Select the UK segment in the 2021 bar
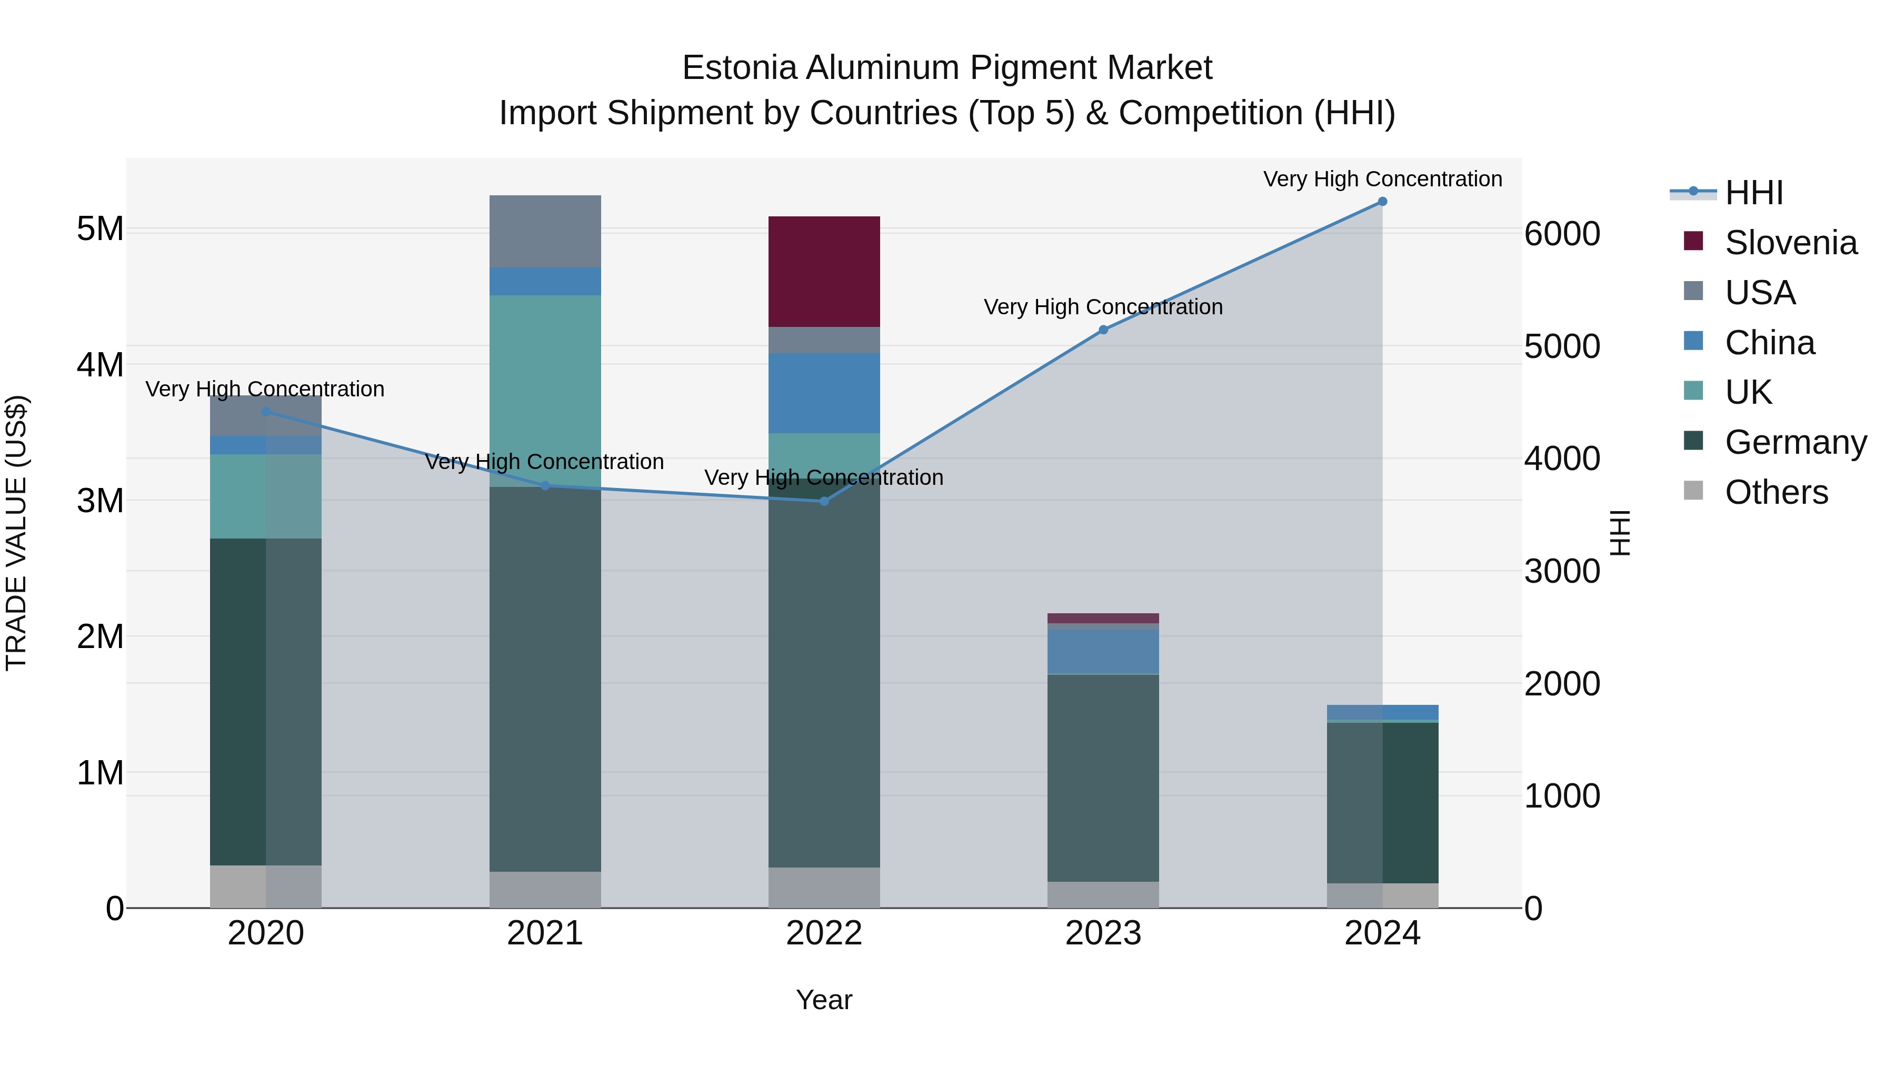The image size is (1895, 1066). (x=545, y=390)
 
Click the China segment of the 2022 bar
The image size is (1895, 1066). (x=824, y=392)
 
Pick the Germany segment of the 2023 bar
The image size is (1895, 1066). (x=1103, y=777)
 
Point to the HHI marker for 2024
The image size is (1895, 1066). (x=1382, y=201)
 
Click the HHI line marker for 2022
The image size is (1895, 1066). (x=824, y=501)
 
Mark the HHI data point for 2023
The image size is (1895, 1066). (x=1103, y=330)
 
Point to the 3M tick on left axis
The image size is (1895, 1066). (x=100, y=500)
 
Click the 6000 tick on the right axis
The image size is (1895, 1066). (x=1562, y=234)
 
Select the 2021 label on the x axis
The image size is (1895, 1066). (x=545, y=933)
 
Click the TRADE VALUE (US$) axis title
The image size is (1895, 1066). (x=16, y=533)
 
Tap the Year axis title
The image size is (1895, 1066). (x=824, y=1000)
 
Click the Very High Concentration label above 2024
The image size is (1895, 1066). (x=1382, y=179)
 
